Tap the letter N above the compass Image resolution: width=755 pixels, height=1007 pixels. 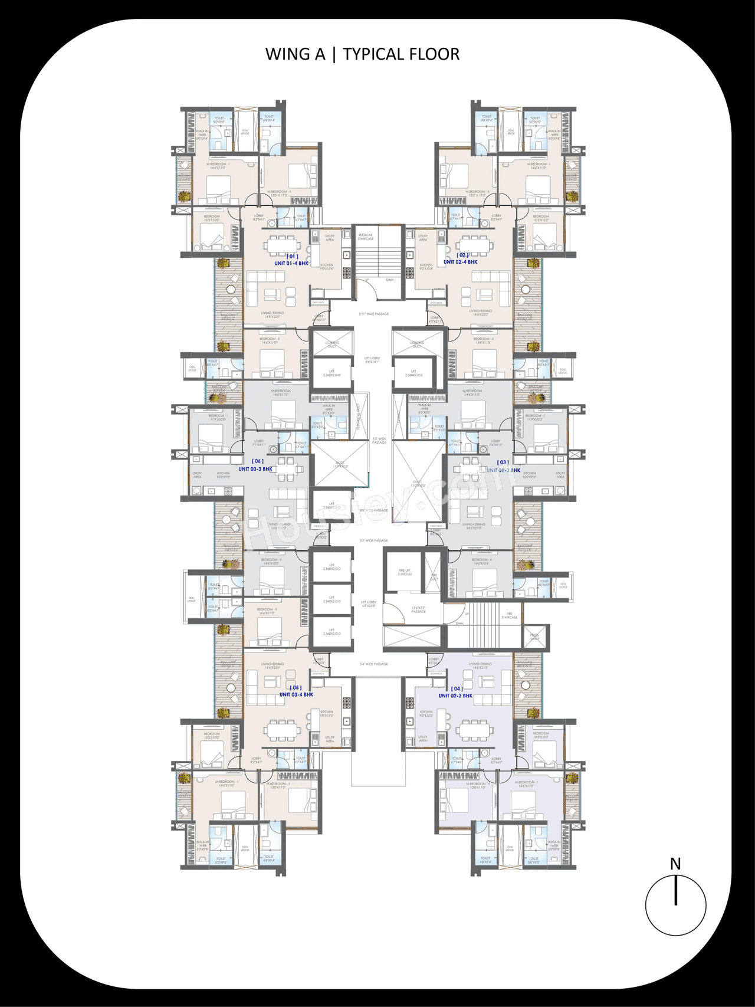[675, 864]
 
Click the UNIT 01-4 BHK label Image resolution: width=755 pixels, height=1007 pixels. [291, 264]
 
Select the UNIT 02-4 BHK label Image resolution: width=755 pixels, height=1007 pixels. [461, 262]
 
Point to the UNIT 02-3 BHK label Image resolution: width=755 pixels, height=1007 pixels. [455, 696]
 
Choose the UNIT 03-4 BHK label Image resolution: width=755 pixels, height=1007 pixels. [296, 695]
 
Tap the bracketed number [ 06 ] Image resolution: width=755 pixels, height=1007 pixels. [258, 461]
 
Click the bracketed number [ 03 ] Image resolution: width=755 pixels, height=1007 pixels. [503, 463]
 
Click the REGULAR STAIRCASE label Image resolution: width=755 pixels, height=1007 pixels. [366, 237]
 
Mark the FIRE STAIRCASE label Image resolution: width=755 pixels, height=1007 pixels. [509, 616]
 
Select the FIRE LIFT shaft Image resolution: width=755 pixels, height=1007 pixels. [405, 572]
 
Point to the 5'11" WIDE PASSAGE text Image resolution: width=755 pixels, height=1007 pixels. [374, 314]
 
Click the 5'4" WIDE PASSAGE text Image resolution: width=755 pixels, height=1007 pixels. [374, 664]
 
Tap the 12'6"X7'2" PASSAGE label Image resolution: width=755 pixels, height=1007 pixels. [419, 609]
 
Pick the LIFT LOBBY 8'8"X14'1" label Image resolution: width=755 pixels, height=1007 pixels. [372, 360]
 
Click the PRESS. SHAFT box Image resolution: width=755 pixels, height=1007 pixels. [534, 638]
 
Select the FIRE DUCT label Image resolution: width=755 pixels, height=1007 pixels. [434, 577]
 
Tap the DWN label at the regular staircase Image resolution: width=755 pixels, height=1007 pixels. [390, 280]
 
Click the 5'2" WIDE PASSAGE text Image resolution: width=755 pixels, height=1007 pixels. [374, 541]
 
